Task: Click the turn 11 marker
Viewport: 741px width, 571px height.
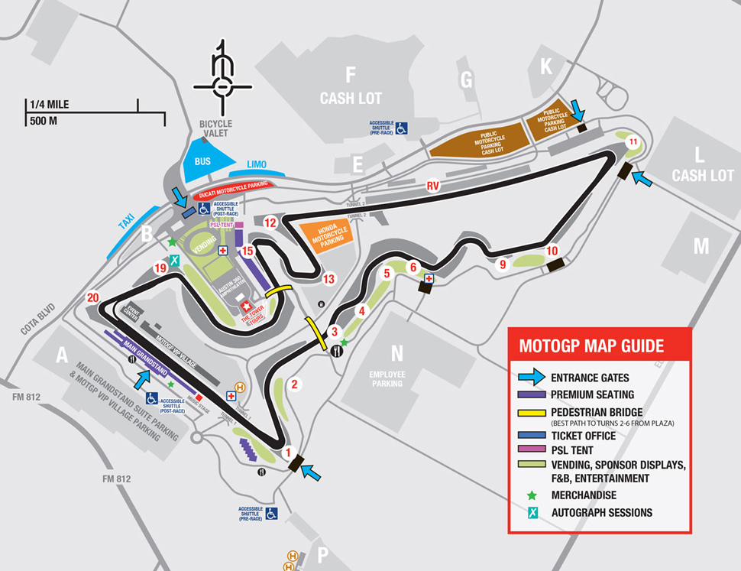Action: pos(633,142)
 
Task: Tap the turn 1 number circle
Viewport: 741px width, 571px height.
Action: pos(289,452)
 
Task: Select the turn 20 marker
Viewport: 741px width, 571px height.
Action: pos(93,298)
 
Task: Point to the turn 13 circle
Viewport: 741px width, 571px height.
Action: pos(329,278)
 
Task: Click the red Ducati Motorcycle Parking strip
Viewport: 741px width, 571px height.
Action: pos(231,186)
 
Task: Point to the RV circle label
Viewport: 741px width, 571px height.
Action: pos(433,186)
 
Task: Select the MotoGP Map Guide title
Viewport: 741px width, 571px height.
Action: pos(591,346)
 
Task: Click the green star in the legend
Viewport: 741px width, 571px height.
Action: pos(532,495)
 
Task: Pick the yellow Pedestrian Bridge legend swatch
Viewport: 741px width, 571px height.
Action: pos(532,411)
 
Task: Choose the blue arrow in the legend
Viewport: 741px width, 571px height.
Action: pos(532,378)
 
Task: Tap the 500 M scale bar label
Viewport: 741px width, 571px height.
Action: pos(44,121)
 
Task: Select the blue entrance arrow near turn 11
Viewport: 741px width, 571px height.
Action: pos(643,180)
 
